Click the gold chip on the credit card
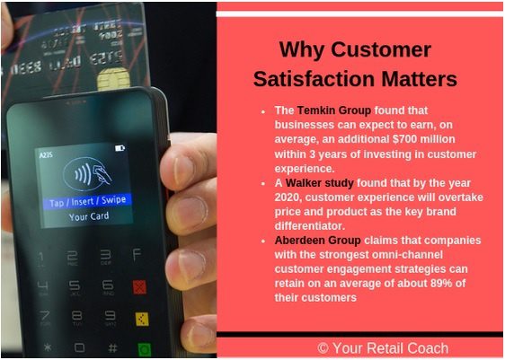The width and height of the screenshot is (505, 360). [x=114, y=79]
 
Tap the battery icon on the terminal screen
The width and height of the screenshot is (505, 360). [x=120, y=148]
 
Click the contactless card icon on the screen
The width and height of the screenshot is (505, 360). [x=87, y=174]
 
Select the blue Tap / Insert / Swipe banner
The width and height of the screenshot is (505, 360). [x=87, y=201]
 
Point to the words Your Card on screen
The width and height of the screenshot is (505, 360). [x=89, y=216]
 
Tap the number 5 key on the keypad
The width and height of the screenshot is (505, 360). [x=75, y=286]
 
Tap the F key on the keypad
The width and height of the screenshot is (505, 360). [x=137, y=254]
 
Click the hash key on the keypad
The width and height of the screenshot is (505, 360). [x=112, y=347]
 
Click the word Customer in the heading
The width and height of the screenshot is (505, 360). [x=381, y=50]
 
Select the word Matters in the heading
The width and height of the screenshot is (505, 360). [x=420, y=79]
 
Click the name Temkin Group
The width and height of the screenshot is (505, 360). [x=334, y=110]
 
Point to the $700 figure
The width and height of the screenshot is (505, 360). [x=405, y=139]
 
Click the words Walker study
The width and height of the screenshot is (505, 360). [x=320, y=183]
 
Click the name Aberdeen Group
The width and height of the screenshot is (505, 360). [x=317, y=240]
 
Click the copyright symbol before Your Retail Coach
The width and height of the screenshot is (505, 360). [x=323, y=348]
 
